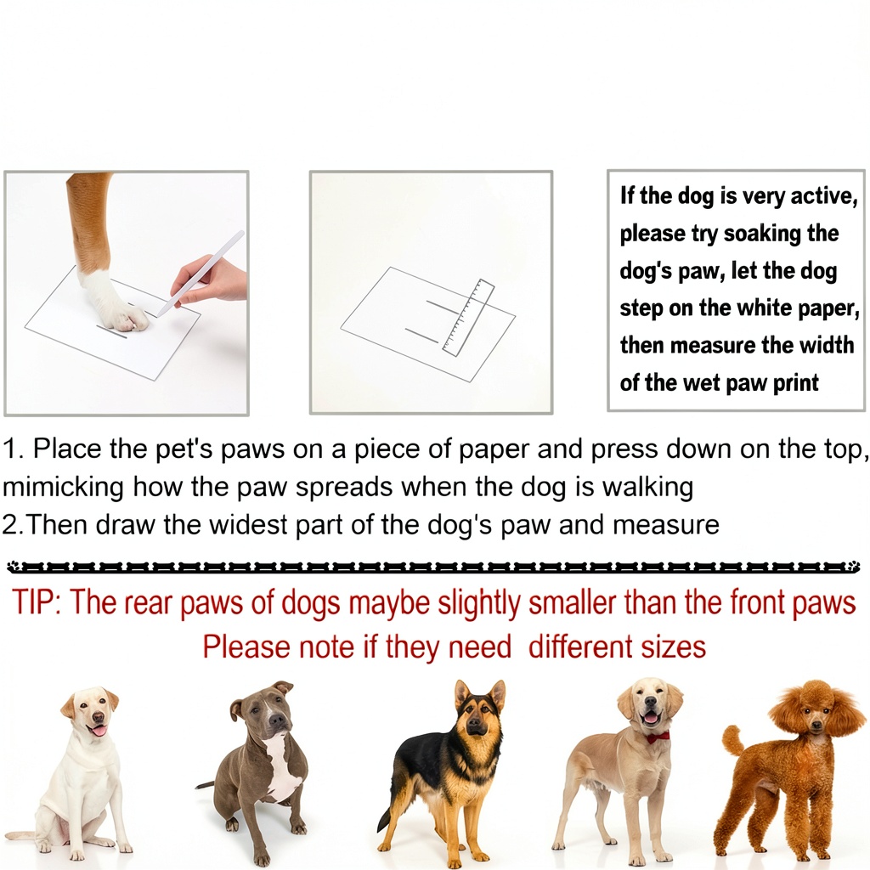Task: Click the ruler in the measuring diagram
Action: tap(468, 318)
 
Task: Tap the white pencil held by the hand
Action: tap(200, 274)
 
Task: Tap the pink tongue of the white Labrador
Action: tap(99, 730)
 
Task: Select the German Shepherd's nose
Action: tap(473, 722)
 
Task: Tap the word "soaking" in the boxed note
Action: tap(762, 234)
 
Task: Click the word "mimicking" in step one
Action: tap(63, 487)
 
